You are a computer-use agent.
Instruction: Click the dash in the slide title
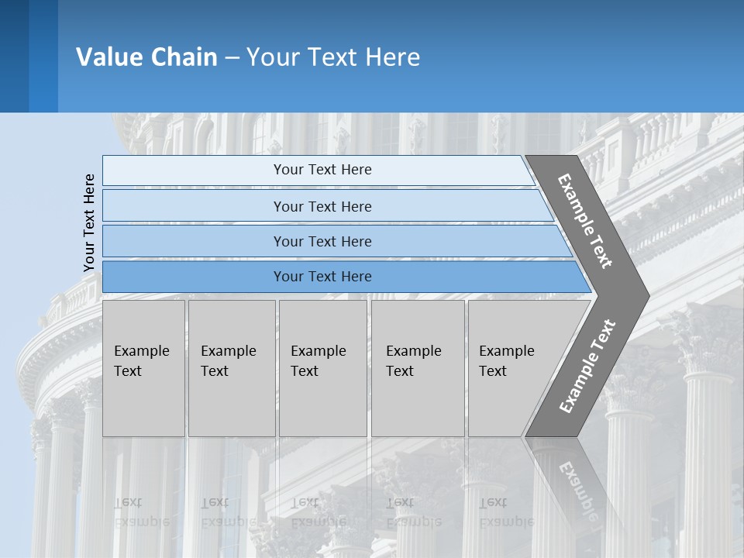(x=232, y=57)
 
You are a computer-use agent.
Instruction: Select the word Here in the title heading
(x=392, y=57)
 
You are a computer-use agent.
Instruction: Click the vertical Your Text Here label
(x=89, y=222)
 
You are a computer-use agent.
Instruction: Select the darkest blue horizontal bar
(x=322, y=277)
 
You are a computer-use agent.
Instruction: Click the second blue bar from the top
(x=322, y=206)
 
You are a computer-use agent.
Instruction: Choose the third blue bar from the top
(x=322, y=241)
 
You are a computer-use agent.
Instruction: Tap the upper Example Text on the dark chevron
(x=585, y=221)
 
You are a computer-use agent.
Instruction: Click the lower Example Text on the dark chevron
(x=587, y=366)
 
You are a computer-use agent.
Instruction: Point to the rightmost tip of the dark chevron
(x=647, y=295)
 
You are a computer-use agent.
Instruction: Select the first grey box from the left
(x=143, y=368)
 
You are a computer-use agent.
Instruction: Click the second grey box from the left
(x=231, y=368)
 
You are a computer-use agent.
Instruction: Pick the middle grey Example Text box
(x=322, y=368)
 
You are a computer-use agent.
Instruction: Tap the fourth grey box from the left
(x=418, y=368)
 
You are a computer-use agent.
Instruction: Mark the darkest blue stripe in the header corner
(x=14, y=56)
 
